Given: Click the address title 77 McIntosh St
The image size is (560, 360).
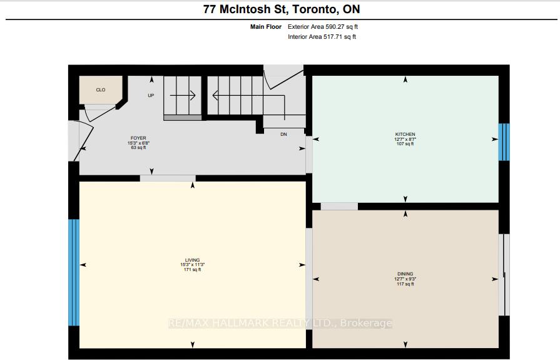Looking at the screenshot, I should [281, 9].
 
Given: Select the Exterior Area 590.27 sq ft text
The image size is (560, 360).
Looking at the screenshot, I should [322, 27].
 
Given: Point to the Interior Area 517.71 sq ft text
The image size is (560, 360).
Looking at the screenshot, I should [322, 37].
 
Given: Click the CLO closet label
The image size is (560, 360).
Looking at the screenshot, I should [100, 90].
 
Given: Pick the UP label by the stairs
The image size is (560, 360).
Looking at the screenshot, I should [151, 96].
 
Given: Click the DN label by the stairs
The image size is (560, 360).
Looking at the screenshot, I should [283, 134].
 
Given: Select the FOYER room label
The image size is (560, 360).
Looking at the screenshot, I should [139, 138].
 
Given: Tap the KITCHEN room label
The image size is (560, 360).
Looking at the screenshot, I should [405, 135].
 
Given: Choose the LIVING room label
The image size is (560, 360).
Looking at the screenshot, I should [192, 260].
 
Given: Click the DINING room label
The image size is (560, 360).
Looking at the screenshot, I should [405, 274].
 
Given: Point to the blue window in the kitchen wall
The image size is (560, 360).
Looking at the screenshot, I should [504, 142].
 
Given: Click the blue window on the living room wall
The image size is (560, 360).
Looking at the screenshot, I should [74, 272].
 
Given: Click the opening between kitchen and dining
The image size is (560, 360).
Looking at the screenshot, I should [339, 206].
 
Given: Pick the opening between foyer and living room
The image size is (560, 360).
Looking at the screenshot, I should [168, 178].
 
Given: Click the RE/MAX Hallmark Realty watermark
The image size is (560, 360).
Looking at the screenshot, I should [280, 323].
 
